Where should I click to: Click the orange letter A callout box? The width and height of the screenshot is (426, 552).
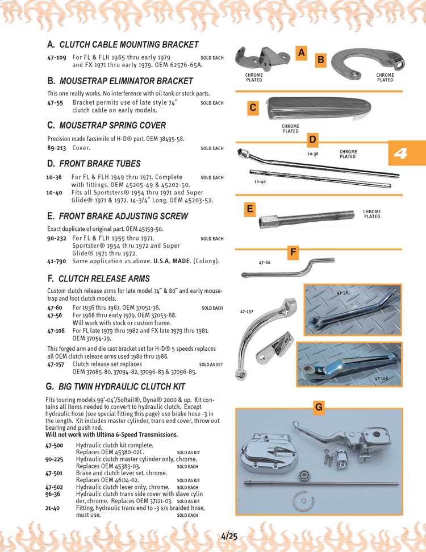(302, 52)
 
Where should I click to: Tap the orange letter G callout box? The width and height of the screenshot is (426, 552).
(319, 407)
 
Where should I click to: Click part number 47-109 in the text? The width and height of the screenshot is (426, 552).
(57, 58)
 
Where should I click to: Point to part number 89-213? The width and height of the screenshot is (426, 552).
(56, 148)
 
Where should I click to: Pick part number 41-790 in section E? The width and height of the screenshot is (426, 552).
(57, 262)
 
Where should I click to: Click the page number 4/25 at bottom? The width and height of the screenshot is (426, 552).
(229, 536)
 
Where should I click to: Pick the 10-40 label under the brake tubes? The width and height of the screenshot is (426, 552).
(260, 182)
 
